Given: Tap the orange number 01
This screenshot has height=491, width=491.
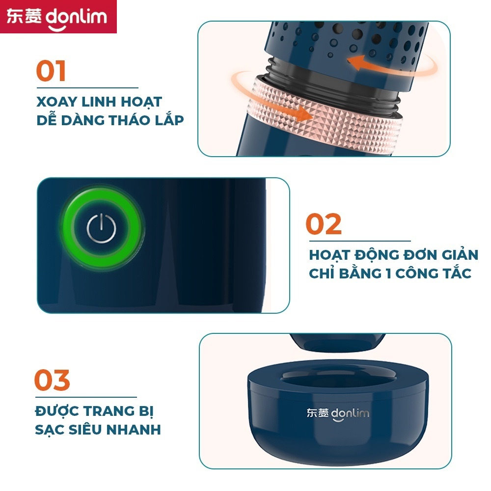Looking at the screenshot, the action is click(51, 71).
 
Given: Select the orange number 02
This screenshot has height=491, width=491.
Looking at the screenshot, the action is click(324, 224).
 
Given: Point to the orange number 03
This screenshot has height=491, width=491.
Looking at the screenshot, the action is click(52, 380).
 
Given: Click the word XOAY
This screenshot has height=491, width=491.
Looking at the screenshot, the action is click(56, 102).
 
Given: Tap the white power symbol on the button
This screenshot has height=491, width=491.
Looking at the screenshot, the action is click(101, 228).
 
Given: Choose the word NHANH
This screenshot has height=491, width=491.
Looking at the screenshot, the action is click(134, 430).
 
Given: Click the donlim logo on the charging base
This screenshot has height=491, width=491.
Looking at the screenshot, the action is click(338, 414).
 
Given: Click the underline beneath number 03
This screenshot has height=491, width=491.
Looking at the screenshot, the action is click(86, 397).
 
